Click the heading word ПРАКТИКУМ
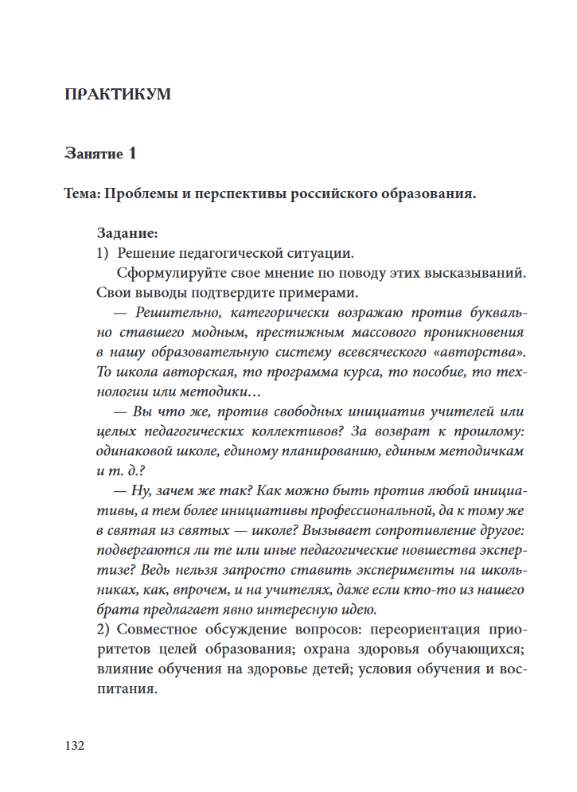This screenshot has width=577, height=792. click(117, 95)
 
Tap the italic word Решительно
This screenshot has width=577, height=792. click(172, 312)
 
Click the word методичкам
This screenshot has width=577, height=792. click(481, 450)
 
